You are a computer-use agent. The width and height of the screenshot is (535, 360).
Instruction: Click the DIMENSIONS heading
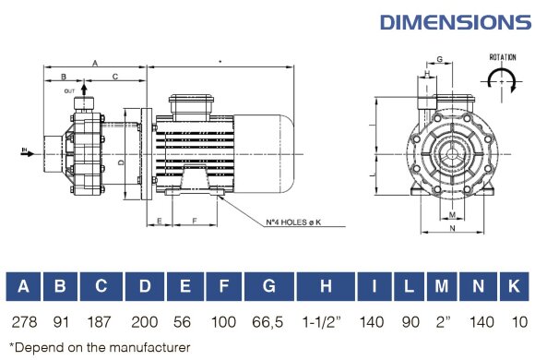[455, 21]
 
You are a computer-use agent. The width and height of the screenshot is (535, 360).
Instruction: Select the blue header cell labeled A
[23, 287]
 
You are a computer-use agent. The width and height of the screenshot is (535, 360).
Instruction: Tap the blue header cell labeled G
[268, 287]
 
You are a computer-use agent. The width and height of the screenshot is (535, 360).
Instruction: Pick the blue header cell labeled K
[513, 287]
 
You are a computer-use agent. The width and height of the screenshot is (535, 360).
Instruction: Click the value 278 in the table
[23, 322]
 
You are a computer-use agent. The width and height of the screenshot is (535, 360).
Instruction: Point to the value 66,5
[268, 322]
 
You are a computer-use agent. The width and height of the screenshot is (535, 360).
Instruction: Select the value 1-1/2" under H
[326, 322]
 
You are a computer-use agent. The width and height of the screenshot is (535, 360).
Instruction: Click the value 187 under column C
[100, 322]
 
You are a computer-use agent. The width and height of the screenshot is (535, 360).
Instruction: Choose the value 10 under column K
[513, 322]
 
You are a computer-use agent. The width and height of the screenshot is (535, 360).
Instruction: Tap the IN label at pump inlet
[24, 147]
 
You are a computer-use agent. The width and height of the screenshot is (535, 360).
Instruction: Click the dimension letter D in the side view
[122, 162]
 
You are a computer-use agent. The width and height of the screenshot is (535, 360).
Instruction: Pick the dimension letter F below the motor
[195, 222]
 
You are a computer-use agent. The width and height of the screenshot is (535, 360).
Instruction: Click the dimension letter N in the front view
[452, 225]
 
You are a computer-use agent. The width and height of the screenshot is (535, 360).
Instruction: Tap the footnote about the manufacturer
[99, 347]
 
